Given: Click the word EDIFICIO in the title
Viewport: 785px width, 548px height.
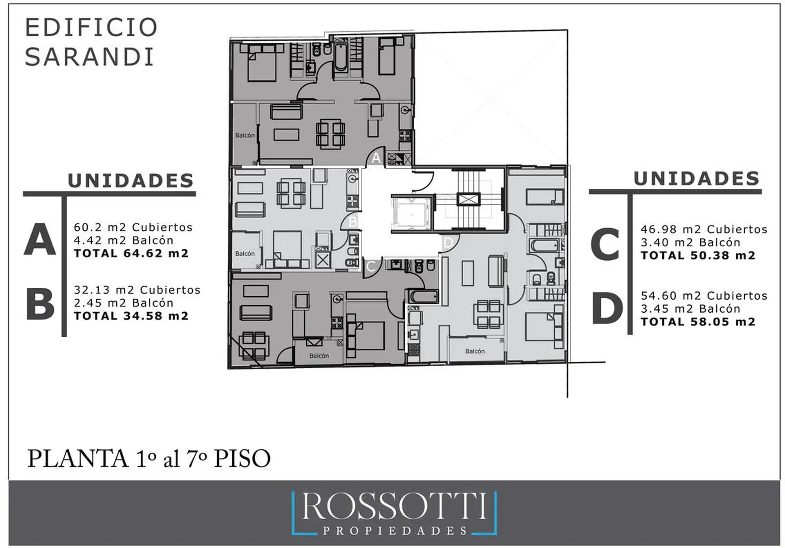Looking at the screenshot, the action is coord(92,27).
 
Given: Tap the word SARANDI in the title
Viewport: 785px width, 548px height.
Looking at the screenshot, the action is coord(90,56).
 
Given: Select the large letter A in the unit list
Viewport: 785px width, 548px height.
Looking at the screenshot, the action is coord(40,239).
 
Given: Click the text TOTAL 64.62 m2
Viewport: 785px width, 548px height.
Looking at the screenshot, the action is coord(131,253).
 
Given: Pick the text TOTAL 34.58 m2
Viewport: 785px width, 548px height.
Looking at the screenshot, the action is coord(131,316).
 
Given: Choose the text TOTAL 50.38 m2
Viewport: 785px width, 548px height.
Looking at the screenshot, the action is coord(698,255).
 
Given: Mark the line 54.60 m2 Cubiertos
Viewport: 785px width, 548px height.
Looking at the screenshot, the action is coord(704,295).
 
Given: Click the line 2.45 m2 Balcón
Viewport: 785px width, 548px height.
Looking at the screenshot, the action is coord(123,303).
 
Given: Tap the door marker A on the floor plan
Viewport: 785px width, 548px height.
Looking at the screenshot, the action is coord(376,158).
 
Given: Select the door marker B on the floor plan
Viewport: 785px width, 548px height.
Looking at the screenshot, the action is coord(352,221).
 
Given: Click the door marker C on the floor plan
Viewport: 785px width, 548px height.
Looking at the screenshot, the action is coord(370,266).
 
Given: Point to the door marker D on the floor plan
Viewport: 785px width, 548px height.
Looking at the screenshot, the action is coord(448,243).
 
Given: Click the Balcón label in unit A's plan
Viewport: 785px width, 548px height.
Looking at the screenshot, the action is coord(245,135).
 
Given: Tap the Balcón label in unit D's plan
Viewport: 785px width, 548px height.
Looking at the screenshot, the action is coord(475,351).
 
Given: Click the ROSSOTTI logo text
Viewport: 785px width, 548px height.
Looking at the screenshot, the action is coord(394,506).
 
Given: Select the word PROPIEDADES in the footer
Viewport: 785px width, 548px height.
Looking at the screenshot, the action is coord(395,531).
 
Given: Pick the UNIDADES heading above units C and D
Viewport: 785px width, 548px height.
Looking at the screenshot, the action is coord(697,179).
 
